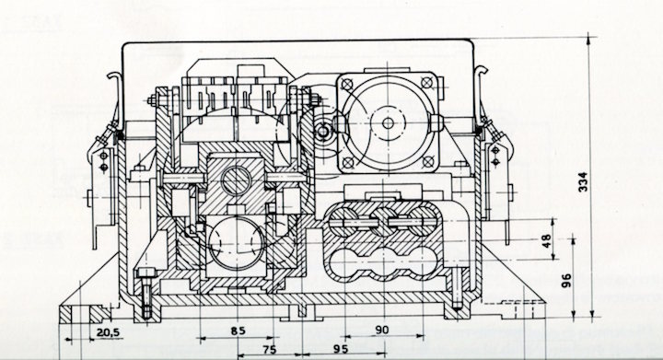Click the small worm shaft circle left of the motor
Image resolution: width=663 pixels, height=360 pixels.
(x=324, y=134)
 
